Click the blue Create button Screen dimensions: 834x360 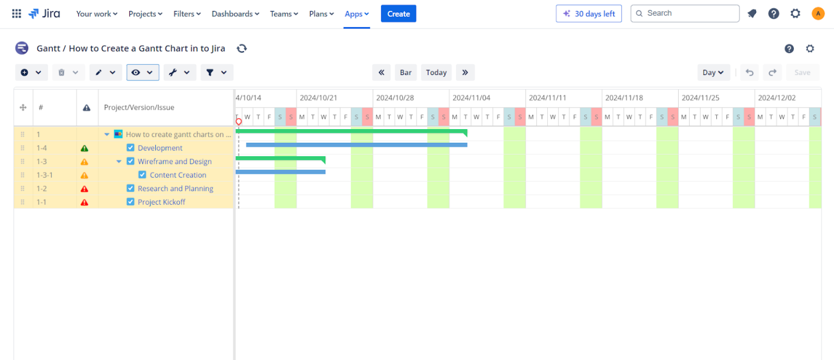[x=399, y=14]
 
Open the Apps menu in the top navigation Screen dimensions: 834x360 [x=356, y=14]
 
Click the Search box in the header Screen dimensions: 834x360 [x=685, y=14]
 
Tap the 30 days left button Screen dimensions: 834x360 [x=589, y=14]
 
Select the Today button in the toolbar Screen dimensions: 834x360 [x=436, y=72]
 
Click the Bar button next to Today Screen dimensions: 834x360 [x=406, y=72]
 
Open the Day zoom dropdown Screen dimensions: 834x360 [x=713, y=72]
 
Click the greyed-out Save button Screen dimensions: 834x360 [x=803, y=72]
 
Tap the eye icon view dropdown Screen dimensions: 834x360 [x=143, y=72]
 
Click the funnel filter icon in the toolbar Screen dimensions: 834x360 [x=210, y=72]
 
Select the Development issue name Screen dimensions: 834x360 [x=160, y=148]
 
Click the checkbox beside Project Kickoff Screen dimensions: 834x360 [x=130, y=202]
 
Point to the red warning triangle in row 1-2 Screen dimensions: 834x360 [x=85, y=189]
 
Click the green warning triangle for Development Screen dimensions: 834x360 [x=85, y=148]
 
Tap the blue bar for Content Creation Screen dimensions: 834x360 [x=280, y=172]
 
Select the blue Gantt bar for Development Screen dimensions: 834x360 [x=357, y=145]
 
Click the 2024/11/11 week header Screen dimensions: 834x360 [x=547, y=98]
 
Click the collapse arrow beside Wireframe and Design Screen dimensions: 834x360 [x=119, y=161]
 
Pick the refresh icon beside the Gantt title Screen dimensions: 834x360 [x=242, y=48]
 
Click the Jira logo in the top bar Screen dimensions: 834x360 [x=45, y=14]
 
